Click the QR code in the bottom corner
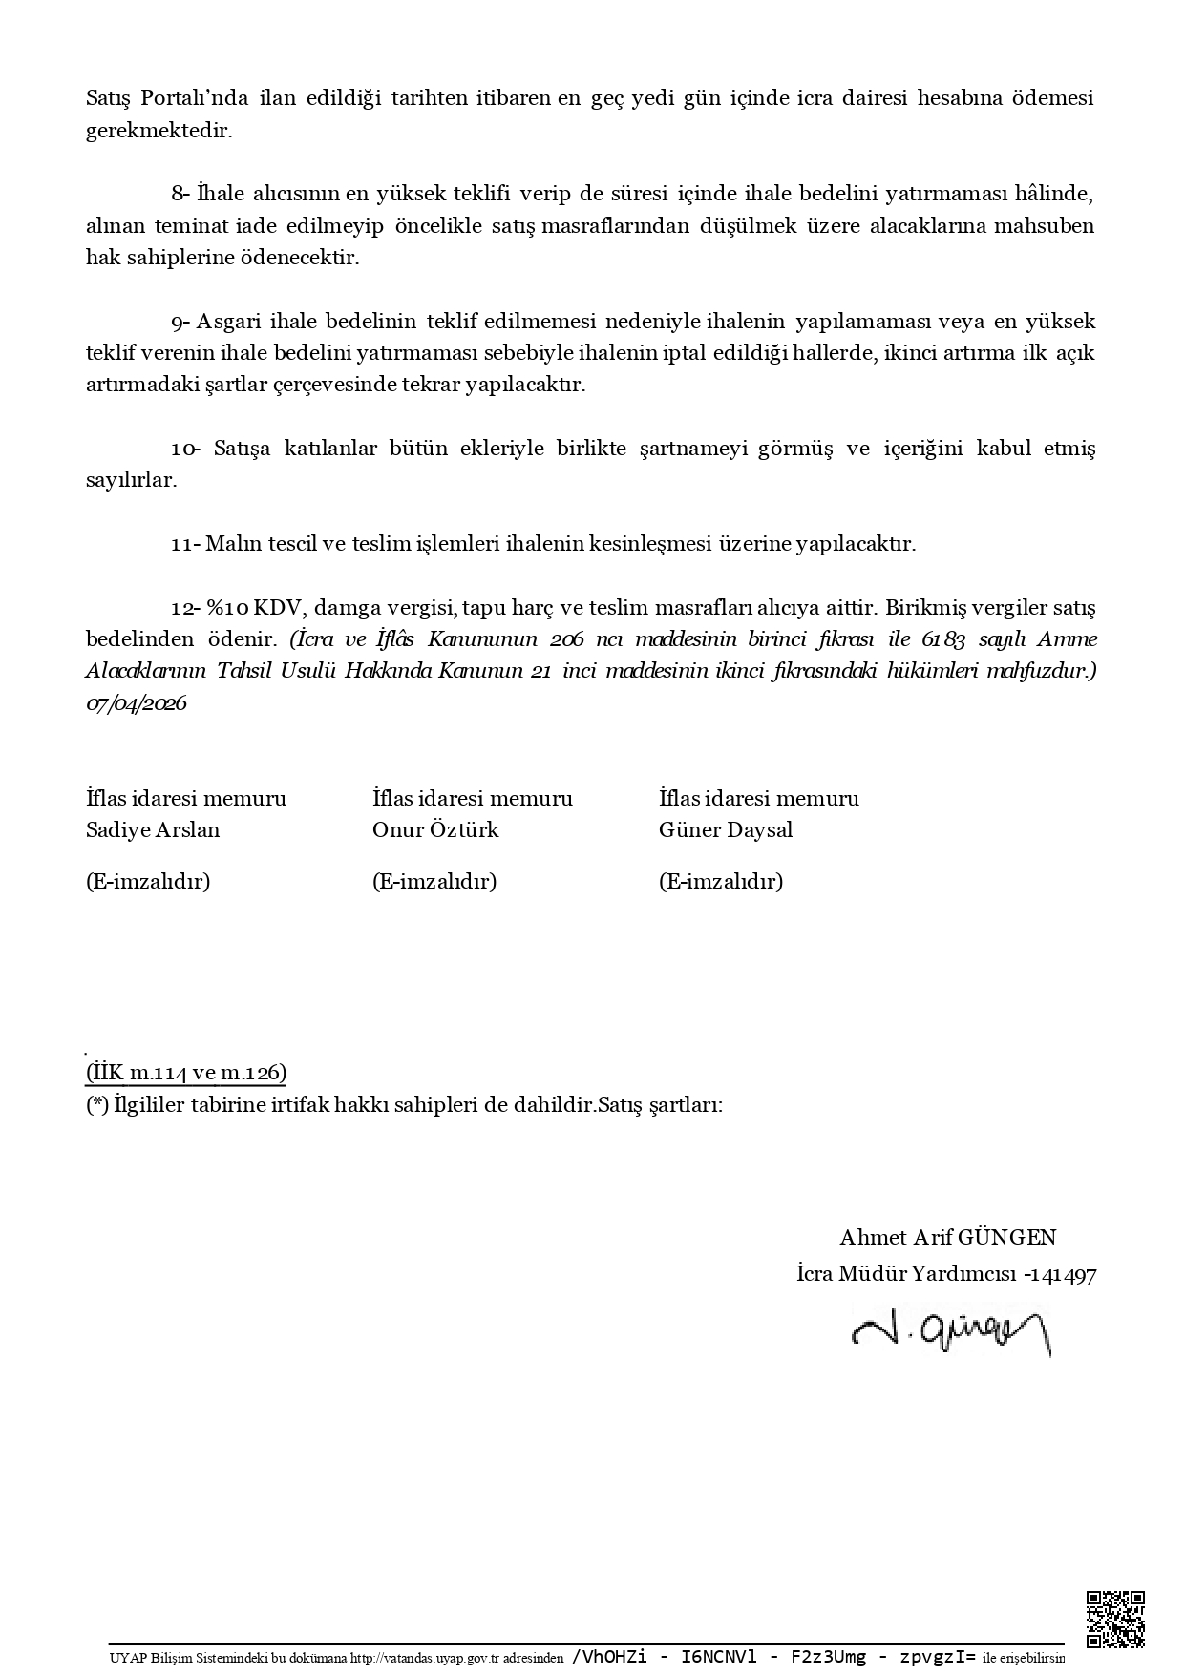pos(1115,1619)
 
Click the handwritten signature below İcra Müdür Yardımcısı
pos(951,1328)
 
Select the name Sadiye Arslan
pos(153,830)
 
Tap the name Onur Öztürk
pos(435,830)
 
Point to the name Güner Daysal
pos(726,830)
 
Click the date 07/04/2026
pos(136,704)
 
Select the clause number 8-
pos(181,195)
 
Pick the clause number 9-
pos(181,322)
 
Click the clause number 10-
pos(185,449)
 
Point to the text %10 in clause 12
pos(227,608)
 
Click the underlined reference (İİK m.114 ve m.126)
pos(186,1074)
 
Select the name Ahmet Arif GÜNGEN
pos(947,1238)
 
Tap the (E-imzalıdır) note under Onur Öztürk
pos(434,881)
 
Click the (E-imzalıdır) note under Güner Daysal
pos(721,881)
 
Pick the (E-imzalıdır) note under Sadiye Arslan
pos(148,881)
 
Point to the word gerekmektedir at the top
pos(159,131)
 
